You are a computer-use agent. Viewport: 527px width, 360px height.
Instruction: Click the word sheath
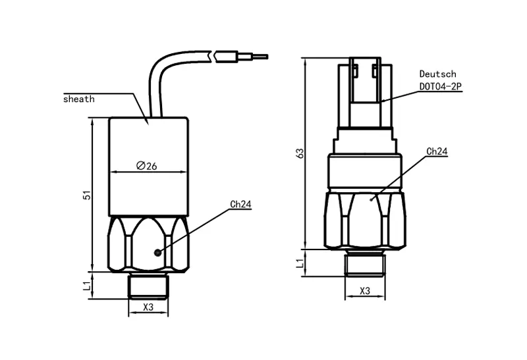tap(79, 99)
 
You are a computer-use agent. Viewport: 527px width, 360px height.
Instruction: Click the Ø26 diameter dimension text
tap(146, 166)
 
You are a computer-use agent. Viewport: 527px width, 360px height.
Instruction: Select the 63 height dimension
tap(300, 153)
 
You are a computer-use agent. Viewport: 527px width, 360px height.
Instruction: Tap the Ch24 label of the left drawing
tap(240, 204)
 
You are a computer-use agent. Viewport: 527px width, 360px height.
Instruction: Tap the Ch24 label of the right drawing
tap(437, 151)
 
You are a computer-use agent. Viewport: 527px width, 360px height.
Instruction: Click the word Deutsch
tap(437, 74)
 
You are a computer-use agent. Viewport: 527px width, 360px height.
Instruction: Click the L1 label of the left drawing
tap(86, 285)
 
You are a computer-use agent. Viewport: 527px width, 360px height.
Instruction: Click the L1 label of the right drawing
tap(300, 263)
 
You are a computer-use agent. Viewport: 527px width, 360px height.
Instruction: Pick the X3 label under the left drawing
tap(148, 307)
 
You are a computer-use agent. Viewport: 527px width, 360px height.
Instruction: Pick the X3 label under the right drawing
tap(364, 290)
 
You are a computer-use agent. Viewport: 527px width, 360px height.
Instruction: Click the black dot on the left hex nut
tap(157, 252)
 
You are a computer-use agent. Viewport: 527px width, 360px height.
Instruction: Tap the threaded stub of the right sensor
tap(364, 263)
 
